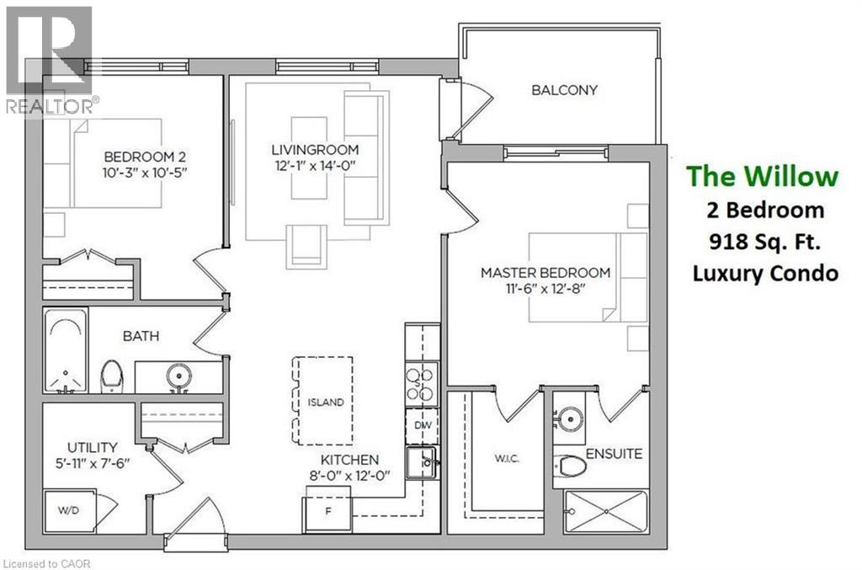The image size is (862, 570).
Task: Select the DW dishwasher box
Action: point(422,425)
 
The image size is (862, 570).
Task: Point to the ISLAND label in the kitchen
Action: point(325,402)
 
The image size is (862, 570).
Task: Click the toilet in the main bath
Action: point(111,376)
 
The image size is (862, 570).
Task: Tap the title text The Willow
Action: point(763,176)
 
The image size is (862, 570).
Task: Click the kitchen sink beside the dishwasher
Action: point(421,462)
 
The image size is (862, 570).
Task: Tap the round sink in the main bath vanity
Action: point(178,375)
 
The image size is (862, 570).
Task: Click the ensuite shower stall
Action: point(605,510)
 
